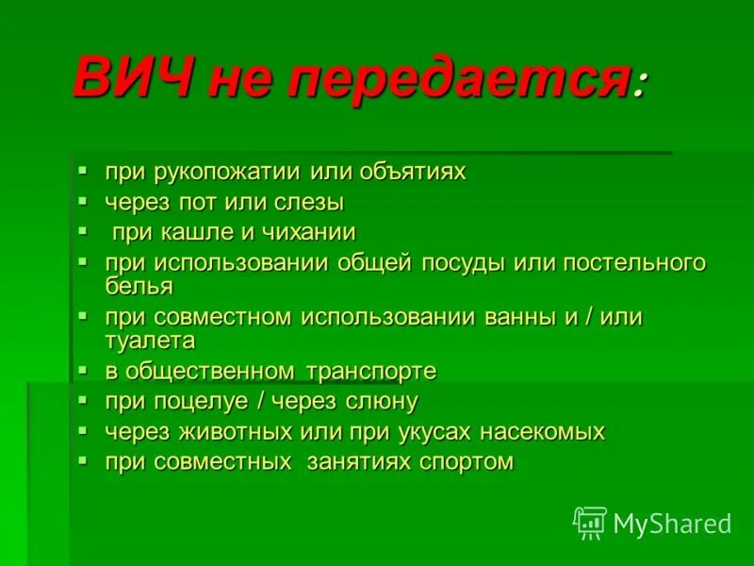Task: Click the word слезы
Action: click(311, 202)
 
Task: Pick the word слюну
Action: click(381, 401)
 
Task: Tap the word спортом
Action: click(463, 462)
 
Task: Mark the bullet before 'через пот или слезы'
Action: click(84, 201)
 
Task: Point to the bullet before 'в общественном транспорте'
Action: click(84, 370)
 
